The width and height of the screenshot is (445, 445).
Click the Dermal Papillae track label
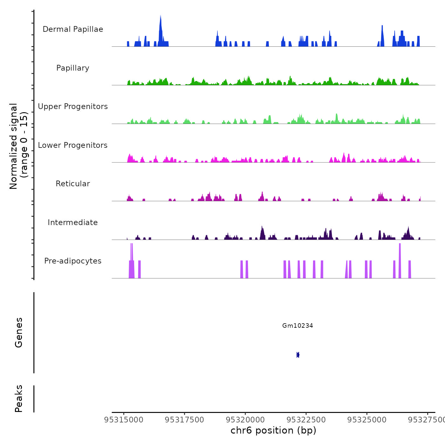73,29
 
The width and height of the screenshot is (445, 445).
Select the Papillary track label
73,68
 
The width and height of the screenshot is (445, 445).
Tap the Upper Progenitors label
73,106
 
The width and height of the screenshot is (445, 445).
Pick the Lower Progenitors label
73,145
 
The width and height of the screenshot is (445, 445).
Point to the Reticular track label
73,184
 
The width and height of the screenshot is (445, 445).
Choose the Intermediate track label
73,222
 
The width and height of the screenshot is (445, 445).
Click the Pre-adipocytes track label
73,261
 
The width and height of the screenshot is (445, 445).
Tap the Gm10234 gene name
298,325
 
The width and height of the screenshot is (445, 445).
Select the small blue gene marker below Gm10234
298,355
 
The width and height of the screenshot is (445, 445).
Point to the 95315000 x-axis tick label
124,420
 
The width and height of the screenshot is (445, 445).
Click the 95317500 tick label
185,420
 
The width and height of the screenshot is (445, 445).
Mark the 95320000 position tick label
245,420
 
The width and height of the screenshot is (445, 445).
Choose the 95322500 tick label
306,420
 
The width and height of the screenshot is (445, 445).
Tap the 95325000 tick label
367,420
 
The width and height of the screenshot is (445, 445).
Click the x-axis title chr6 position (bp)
273,430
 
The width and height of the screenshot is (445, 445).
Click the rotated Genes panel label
18,332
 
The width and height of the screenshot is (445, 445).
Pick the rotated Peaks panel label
18,399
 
